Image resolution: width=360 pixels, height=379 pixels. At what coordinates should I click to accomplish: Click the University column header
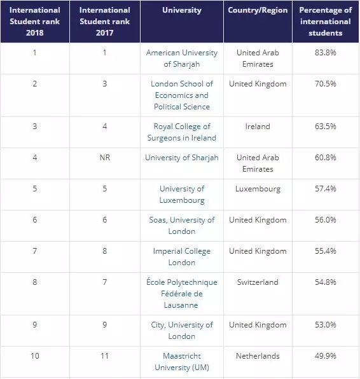pos(182,10)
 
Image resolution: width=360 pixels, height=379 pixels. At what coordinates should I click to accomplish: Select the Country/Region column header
pos(258,10)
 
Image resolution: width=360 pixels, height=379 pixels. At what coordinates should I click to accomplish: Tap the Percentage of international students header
pos(326,22)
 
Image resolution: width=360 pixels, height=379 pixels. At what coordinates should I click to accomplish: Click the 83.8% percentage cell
pos(326,52)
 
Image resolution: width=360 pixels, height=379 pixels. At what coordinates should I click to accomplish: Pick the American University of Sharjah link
pos(182,59)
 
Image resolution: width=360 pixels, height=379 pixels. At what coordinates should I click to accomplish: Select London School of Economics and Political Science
pos(182,95)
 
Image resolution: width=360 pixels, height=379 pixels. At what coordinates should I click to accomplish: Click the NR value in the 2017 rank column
pos(105,158)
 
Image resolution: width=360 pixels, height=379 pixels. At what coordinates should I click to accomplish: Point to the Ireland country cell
pos(258,127)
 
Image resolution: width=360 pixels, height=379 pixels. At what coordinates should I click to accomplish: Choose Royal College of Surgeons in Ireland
pos(182,132)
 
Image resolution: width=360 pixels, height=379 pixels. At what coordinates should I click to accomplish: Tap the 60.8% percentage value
pos(326,158)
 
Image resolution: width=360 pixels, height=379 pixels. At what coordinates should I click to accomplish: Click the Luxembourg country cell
pos(258,189)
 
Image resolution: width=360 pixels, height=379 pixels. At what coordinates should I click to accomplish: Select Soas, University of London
pos(182,226)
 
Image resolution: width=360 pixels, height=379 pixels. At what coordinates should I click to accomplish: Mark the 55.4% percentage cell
pos(326,251)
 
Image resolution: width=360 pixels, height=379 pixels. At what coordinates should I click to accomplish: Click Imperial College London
pos(182,257)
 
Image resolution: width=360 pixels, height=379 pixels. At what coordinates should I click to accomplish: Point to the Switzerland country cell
pos(258,282)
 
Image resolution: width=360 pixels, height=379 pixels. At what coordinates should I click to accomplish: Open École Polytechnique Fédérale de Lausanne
pos(182,293)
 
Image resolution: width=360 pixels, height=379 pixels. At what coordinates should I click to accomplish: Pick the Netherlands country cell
pos(258,356)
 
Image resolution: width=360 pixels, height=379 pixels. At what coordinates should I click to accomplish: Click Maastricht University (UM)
pos(182,362)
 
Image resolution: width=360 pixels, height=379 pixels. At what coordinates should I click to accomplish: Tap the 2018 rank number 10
pos(35,356)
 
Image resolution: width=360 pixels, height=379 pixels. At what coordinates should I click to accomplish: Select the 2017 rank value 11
pos(105,356)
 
